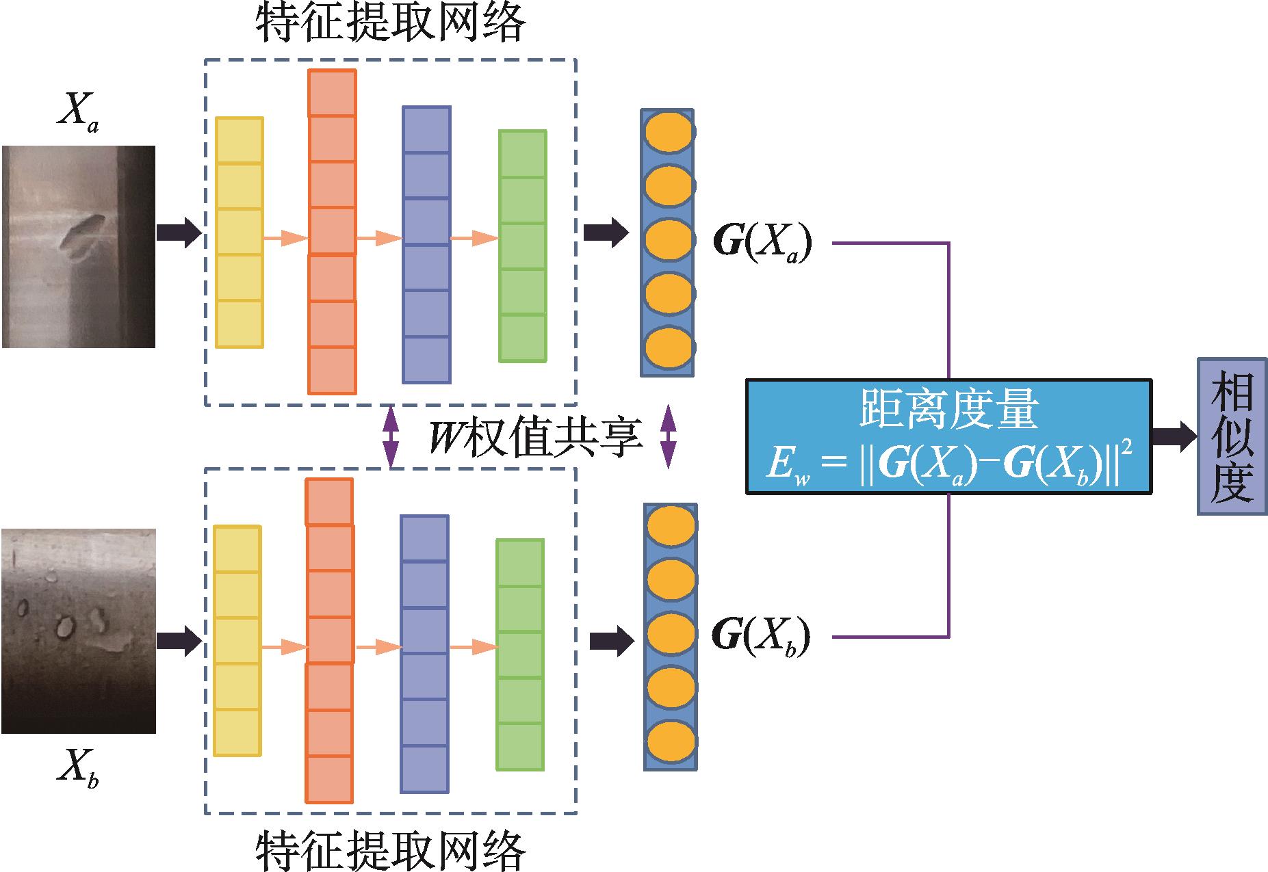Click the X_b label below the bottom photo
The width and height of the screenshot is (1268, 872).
point(77,771)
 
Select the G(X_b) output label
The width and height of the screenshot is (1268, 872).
point(760,636)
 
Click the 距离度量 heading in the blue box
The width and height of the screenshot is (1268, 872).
point(948,409)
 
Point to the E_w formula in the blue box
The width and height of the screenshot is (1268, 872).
point(948,466)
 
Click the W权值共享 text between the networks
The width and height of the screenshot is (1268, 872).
point(535,437)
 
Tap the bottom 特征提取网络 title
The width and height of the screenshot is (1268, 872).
point(391,849)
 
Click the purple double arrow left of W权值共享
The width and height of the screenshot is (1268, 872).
point(391,437)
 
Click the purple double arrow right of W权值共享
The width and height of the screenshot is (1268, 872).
point(668,437)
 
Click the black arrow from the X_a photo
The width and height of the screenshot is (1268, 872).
point(178,233)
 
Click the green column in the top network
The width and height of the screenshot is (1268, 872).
point(523,246)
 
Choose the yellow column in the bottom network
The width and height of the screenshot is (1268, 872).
point(237,641)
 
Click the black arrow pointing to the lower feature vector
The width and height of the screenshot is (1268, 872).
point(611,641)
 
